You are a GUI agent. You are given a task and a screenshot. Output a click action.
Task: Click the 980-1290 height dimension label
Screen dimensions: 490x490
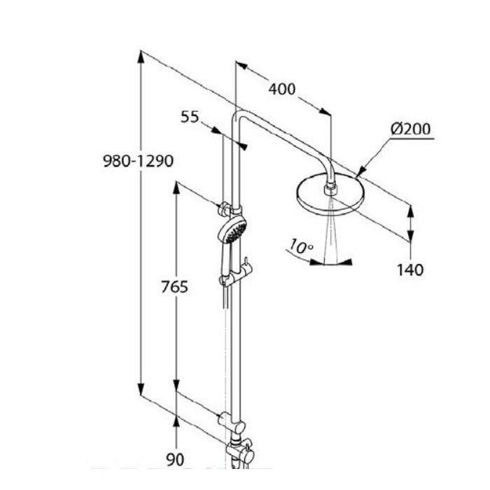click(x=138, y=161)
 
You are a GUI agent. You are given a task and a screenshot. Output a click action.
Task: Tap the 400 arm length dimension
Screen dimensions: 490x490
click(x=282, y=89)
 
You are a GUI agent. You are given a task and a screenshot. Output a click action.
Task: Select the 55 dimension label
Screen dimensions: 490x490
click(x=190, y=117)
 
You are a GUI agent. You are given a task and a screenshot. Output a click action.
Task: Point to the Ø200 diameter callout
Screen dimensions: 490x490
click(x=410, y=129)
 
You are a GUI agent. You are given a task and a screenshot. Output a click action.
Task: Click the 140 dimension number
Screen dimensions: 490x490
click(x=410, y=269)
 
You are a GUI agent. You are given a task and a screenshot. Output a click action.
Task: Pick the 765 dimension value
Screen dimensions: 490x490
click(x=175, y=286)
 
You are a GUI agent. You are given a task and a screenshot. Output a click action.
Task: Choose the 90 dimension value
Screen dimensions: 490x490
click(x=175, y=460)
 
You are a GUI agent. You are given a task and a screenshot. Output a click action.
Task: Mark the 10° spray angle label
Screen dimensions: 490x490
click(x=300, y=246)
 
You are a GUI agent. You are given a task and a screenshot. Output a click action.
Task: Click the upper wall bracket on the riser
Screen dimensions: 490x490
click(x=230, y=209)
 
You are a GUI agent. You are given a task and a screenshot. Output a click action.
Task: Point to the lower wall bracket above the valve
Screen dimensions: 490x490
click(x=231, y=423)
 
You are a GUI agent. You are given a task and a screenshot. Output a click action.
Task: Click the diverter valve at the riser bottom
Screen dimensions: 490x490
click(x=240, y=452)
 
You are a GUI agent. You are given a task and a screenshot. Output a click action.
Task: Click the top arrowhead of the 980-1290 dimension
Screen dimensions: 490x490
click(x=141, y=57)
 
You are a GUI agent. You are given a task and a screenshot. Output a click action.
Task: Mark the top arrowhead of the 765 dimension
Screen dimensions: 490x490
click(x=176, y=188)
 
